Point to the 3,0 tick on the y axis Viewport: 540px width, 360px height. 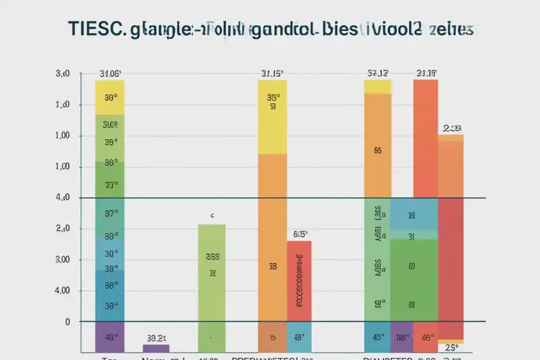(x=63, y=73)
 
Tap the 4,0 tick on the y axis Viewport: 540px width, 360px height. (x=63, y=197)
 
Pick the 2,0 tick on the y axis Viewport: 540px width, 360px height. (x=63, y=228)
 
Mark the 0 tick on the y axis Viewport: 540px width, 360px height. (x=68, y=322)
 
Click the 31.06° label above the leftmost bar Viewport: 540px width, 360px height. (x=109, y=73)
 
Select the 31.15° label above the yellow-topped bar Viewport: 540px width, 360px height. (x=272, y=73)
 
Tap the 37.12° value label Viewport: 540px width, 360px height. (x=377, y=73)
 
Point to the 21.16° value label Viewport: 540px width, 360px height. (x=426, y=73)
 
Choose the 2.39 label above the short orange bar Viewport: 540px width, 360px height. (x=451, y=128)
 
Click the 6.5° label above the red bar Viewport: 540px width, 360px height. (x=300, y=234)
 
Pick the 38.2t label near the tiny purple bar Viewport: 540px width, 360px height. (x=156, y=337)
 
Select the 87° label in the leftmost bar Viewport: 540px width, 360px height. (x=110, y=214)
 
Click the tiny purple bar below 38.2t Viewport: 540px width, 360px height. (x=156, y=348)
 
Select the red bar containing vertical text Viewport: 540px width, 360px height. (x=300, y=281)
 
